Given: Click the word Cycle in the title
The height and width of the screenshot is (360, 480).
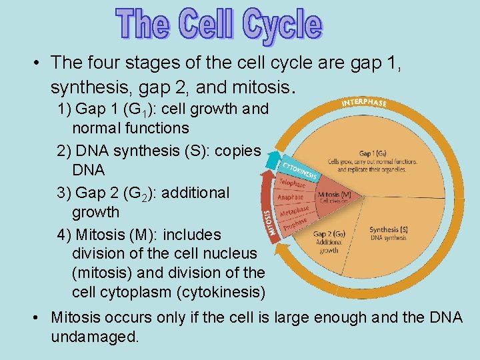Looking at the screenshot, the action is click(x=283, y=25).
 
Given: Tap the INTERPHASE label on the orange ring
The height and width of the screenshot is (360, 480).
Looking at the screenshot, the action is click(x=364, y=103).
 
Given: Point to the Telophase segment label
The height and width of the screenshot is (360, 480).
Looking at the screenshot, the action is click(x=292, y=182).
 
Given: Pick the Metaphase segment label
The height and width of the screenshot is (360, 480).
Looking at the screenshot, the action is click(x=294, y=211).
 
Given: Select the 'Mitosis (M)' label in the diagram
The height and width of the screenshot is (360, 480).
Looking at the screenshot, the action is click(x=335, y=195).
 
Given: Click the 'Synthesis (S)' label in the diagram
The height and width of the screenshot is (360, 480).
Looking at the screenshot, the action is click(x=389, y=230).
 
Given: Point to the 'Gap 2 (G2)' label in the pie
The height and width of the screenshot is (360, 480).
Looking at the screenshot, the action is click(x=329, y=234).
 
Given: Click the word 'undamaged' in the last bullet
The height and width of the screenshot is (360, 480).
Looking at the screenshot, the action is click(x=95, y=337).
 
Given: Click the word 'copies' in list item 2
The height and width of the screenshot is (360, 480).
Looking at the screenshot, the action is click(x=239, y=151).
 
